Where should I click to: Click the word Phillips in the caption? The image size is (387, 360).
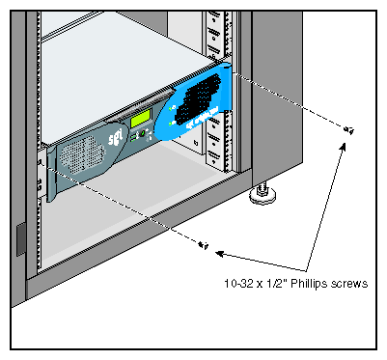click(x=310, y=284)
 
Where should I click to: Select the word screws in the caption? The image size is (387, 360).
click(x=349, y=284)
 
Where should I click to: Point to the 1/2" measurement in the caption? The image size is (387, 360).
click(x=276, y=284)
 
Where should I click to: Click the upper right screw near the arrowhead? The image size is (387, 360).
click(x=348, y=130)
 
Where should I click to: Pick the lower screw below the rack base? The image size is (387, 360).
click(x=204, y=245)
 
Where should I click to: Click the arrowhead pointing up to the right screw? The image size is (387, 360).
click(x=343, y=148)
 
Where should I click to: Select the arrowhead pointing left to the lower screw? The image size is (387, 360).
click(x=220, y=254)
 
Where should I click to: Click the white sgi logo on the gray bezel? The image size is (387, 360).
click(x=116, y=139)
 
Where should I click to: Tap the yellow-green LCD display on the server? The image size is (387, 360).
click(x=141, y=118)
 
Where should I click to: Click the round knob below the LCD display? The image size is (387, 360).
click(x=142, y=133)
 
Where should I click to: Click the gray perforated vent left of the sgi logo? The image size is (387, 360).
click(x=82, y=154)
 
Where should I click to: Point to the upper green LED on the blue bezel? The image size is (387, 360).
click(x=172, y=107)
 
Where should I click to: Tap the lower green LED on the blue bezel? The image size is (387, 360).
click(x=170, y=124)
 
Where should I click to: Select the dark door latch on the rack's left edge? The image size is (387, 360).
click(x=20, y=239)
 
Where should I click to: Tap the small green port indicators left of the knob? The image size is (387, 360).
click(x=133, y=138)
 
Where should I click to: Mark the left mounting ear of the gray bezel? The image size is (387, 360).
click(x=51, y=175)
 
